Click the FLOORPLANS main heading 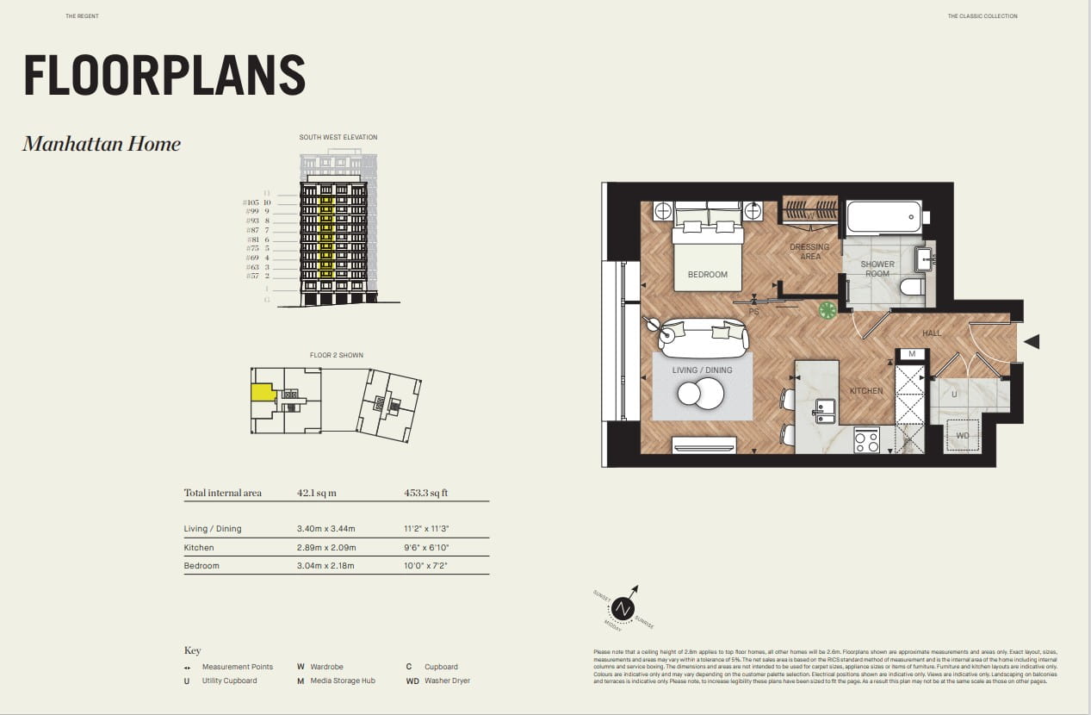164,75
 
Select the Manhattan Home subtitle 102,144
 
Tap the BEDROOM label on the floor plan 707,275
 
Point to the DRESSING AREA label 809,252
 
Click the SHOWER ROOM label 877,269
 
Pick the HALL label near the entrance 932,333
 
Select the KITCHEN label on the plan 865,391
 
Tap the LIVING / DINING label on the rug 703,370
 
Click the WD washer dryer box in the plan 963,436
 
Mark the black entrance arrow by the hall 1031,342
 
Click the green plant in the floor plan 827,310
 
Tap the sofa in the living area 703,339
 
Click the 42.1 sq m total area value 316,494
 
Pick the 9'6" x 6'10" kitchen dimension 426,548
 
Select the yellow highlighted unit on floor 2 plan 262,393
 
